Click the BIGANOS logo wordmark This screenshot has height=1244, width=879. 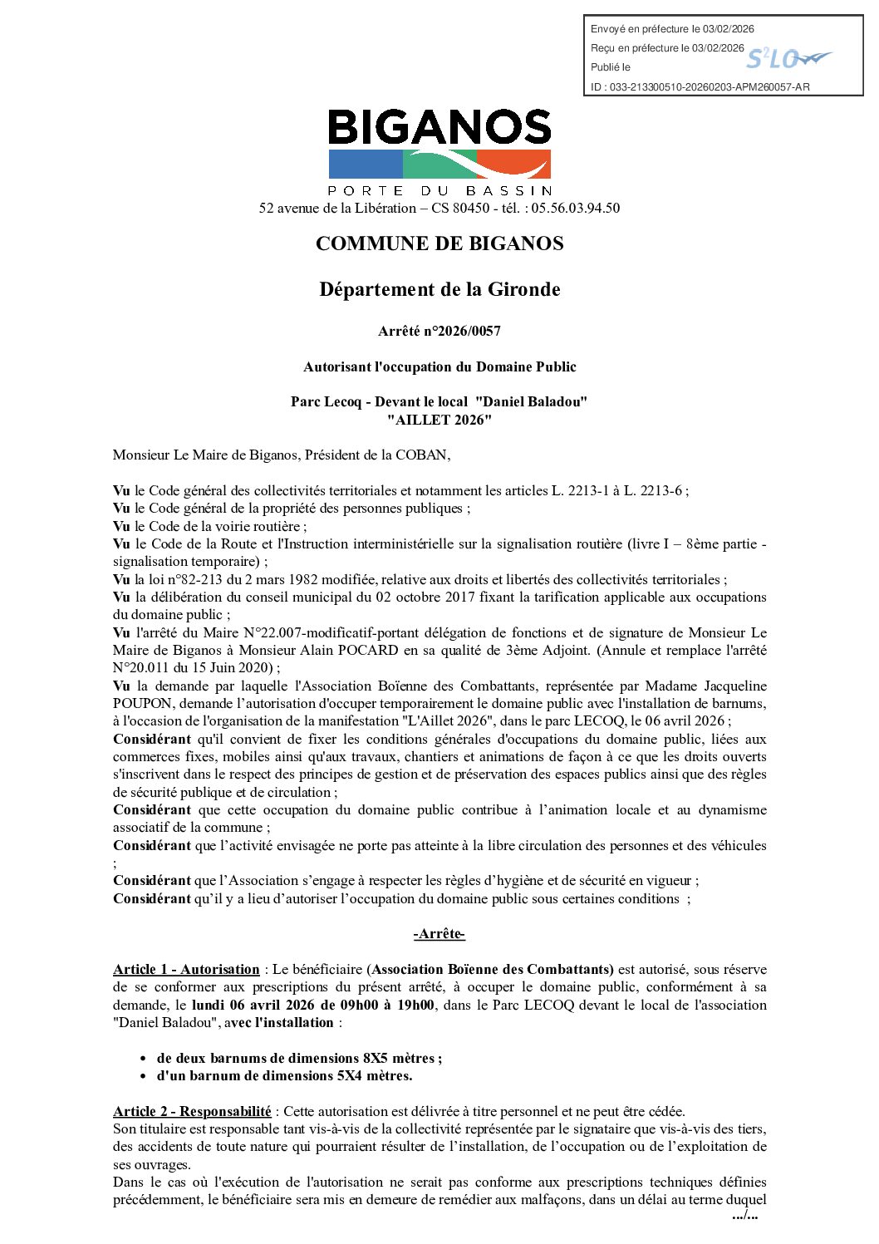point(439,127)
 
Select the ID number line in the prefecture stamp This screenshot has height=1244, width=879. point(700,86)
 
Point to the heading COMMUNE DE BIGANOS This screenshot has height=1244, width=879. point(439,243)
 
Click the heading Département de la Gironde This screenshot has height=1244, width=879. point(439,289)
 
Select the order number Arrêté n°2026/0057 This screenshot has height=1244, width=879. point(439,331)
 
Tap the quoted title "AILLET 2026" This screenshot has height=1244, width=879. point(439,420)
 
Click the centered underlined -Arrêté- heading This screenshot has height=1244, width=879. point(439,934)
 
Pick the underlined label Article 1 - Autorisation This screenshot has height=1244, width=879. point(186,969)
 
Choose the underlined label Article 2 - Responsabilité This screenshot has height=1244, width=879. point(192,1111)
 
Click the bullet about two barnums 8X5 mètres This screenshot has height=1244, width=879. point(299,1058)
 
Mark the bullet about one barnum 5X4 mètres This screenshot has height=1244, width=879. point(284,1075)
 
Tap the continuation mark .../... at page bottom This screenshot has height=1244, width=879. point(744,1216)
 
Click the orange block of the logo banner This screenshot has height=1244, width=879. point(515,165)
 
